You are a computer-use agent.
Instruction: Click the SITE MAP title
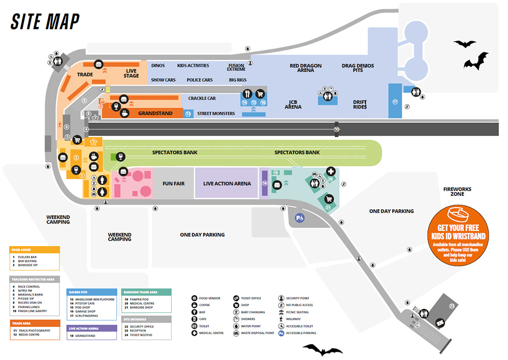click(x=45, y=21)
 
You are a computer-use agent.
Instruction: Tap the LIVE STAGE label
click(x=131, y=74)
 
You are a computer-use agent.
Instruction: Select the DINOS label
click(x=158, y=66)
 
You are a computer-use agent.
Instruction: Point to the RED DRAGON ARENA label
click(x=305, y=68)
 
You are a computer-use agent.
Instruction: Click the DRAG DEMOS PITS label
click(x=358, y=68)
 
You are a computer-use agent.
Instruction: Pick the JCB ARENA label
click(x=293, y=104)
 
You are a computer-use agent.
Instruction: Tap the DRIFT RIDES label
click(x=360, y=105)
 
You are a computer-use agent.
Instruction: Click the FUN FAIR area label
click(x=173, y=183)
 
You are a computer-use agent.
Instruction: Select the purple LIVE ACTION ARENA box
click(x=227, y=183)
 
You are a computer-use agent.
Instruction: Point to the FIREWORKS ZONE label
click(x=457, y=192)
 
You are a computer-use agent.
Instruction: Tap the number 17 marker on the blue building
click(x=395, y=102)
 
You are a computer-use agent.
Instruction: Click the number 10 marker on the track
click(x=336, y=129)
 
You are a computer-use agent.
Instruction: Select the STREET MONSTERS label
click(x=216, y=114)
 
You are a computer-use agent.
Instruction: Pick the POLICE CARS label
click(x=200, y=80)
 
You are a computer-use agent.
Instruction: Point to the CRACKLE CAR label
click(x=202, y=98)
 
